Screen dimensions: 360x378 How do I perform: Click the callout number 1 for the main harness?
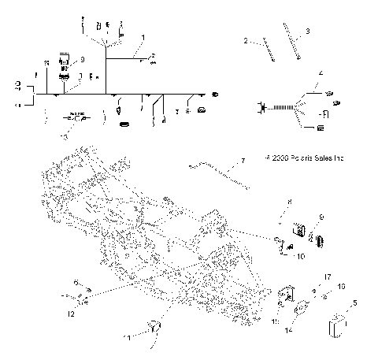(x=143, y=37)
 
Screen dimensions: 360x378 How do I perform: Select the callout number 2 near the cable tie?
(x=245, y=40)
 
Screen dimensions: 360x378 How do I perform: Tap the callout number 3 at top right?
(x=307, y=31)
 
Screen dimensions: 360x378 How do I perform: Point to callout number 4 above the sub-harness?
(x=320, y=73)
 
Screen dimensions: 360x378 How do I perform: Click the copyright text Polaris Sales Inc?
(x=306, y=158)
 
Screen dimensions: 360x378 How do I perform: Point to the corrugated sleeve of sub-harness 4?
(x=276, y=107)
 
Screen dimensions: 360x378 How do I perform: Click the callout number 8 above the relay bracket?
(x=289, y=202)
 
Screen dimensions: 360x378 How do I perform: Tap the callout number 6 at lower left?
(x=76, y=282)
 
